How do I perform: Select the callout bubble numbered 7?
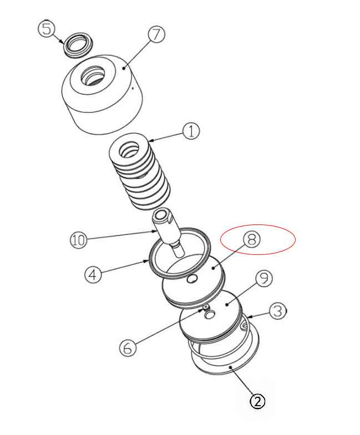pos(156,34)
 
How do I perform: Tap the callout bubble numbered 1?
pos(190,132)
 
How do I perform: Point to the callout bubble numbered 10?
pos(79,240)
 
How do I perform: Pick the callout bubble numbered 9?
pos(263,278)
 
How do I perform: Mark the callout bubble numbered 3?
pos(278,311)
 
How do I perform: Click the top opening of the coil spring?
pos(131,149)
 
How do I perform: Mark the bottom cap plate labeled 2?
pos(222,366)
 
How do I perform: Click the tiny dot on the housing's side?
pos(133,87)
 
